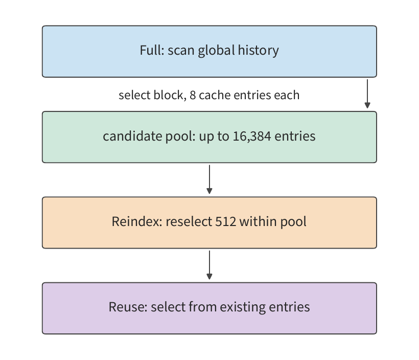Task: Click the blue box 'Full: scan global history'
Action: pyautogui.click(x=209, y=51)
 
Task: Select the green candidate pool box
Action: pyautogui.click(x=209, y=137)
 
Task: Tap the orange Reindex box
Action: pyautogui.click(x=209, y=222)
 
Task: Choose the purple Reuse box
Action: pyautogui.click(x=209, y=308)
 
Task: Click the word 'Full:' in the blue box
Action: pyautogui.click(x=152, y=50)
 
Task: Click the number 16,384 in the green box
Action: pyautogui.click(x=252, y=136)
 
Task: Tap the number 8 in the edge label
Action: pyautogui.click(x=193, y=95)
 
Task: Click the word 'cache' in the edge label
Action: pyautogui.click(x=215, y=95)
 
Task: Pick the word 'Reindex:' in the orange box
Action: pyautogui.click(x=137, y=221)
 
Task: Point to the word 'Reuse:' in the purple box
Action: pyautogui.click(x=128, y=307)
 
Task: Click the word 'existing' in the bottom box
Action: pyautogui.click(x=243, y=307)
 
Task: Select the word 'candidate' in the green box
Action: pyautogui.click(x=132, y=136)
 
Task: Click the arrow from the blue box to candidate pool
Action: pyautogui.click(x=367, y=94)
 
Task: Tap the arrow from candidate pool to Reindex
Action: pyautogui.click(x=209, y=179)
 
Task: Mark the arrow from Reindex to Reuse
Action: pyautogui.click(x=209, y=265)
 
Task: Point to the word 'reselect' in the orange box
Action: pyautogui.click(x=189, y=221)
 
